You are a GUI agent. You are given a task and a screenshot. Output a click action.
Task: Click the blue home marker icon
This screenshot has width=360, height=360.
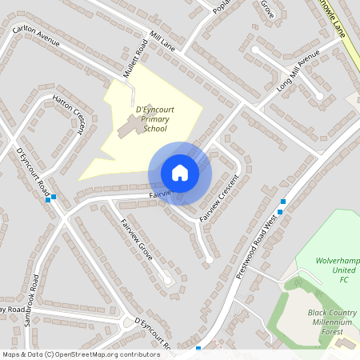click(x=180, y=173)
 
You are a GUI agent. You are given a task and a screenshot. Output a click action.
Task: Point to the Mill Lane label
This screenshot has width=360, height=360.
click(x=162, y=40)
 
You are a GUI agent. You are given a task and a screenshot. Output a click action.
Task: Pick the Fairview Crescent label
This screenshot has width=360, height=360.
click(x=220, y=198)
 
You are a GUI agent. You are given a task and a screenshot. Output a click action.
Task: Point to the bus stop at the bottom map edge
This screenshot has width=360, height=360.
click(x=198, y=348)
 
